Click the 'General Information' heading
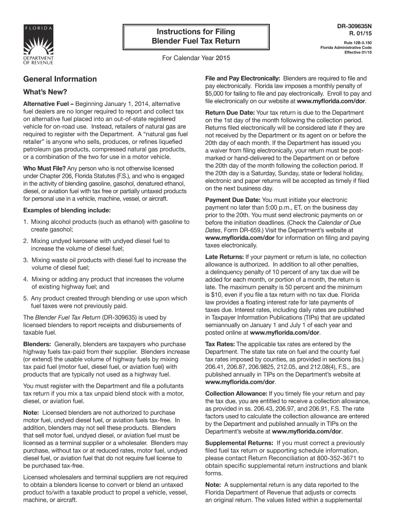[56, 79]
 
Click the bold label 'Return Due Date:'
[229, 112]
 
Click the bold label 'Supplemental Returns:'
[239, 443]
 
